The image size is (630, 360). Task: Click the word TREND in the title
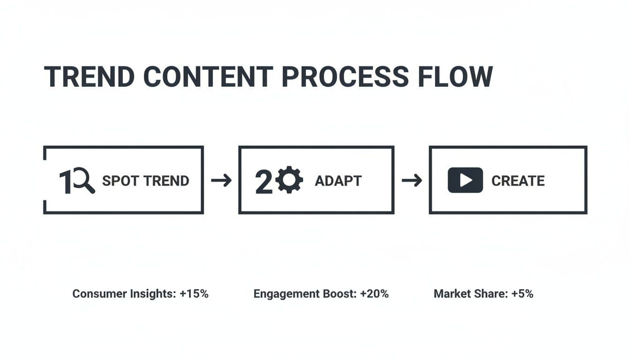coord(89,76)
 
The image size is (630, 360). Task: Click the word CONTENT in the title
coord(208,76)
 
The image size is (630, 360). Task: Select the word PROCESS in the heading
coord(345,76)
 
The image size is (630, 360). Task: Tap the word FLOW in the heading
coord(455,76)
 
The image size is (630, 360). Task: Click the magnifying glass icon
coord(83,180)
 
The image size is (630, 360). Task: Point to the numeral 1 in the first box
coord(65,181)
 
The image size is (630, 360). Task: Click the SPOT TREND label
coord(145,180)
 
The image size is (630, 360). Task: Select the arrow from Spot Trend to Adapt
coord(221,180)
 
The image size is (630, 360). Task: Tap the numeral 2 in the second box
coord(263,182)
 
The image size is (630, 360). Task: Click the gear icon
coord(289,180)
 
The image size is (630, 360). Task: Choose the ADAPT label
coord(338,181)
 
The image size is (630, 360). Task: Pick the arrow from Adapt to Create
coord(412,180)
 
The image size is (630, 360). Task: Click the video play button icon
coord(465,180)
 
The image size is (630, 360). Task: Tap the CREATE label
coord(518,181)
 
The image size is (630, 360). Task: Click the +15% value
coord(194,293)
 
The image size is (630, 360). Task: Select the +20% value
coord(375,293)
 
